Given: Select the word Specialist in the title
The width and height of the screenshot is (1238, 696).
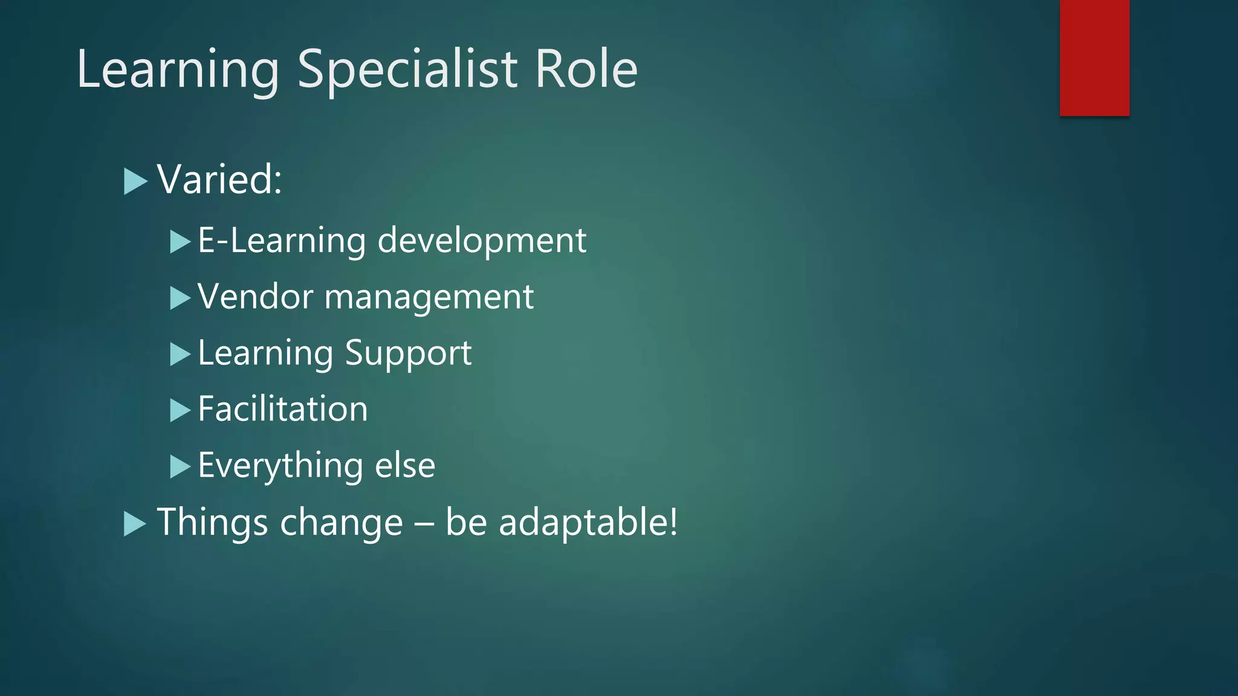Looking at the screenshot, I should (407, 70).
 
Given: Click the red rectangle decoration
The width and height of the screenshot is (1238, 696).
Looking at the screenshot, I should (1094, 57).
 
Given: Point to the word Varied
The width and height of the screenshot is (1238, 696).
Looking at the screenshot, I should (219, 179).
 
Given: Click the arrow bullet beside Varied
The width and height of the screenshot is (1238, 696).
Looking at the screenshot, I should (135, 181).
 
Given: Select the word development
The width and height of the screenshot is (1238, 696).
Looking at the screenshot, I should (482, 240).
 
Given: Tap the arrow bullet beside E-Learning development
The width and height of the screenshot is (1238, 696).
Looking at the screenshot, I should (180, 242).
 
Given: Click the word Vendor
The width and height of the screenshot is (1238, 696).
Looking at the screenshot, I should (256, 297).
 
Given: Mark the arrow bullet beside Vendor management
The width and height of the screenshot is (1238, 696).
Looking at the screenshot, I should (180, 298).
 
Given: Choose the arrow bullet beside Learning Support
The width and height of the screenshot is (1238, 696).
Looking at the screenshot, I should (180, 354).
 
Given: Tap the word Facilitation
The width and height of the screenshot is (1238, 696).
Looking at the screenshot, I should (283, 409).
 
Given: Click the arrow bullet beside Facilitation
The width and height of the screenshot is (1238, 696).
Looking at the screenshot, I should (180, 410).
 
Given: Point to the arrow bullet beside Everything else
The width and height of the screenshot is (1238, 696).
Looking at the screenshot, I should (180, 466).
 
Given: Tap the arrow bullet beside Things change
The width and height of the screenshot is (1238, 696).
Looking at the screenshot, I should (135, 524).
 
